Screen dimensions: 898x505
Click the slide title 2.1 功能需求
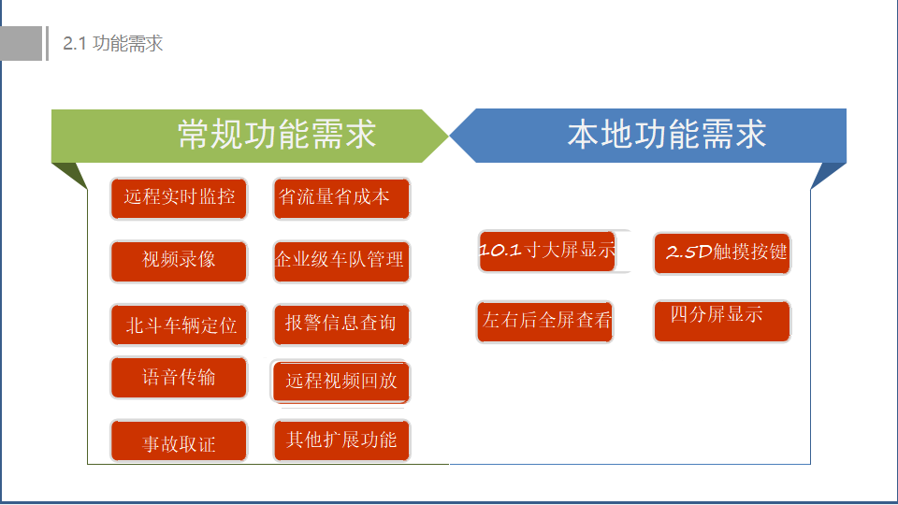point(113,44)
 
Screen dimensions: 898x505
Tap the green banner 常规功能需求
point(250,136)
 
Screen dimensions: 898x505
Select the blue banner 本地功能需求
point(647,136)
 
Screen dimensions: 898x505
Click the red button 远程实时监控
point(179,198)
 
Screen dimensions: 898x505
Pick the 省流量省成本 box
point(342,198)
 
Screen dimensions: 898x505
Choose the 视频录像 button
point(179,262)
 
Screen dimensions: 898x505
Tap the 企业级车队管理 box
point(342,262)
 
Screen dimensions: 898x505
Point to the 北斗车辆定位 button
point(179,325)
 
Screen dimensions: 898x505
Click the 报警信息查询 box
point(342,325)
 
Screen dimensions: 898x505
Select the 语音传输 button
point(179,377)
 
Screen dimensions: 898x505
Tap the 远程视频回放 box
point(340,382)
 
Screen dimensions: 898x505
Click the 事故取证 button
point(179,440)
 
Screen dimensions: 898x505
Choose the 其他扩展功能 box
point(342,440)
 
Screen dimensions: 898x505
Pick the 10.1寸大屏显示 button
point(547,252)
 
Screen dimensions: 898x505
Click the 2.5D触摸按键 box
point(722,253)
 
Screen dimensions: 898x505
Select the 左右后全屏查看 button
point(544,322)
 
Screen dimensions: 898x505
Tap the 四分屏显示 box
point(722,321)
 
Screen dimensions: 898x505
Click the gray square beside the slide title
point(22,44)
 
